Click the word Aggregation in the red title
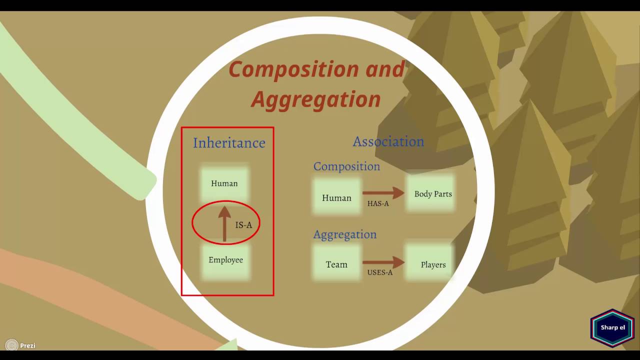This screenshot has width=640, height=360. (x=315, y=99)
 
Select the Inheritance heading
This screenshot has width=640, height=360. (x=229, y=143)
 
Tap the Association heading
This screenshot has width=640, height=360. (x=388, y=141)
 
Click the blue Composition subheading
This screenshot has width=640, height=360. (x=346, y=166)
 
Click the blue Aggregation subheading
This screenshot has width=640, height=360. (x=344, y=234)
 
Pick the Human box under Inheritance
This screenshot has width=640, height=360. (x=224, y=183)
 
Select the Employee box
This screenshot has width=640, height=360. (x=226, y=260)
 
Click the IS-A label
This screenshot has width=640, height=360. (x=244, y=225)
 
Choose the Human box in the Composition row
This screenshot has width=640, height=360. (x=336, y=197)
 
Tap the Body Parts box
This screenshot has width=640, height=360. (x=433, y=194)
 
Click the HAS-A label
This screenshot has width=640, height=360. (x=378, y=203)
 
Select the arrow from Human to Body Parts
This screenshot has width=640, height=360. (x=383, y=192)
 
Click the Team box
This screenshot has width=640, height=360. (x=336, y=264)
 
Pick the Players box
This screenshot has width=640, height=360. (x=433, y=264)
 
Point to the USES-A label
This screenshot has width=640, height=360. (x=380, y=272)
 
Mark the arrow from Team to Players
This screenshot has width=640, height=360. (x=383, y=261)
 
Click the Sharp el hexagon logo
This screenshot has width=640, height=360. (x=612, y=327)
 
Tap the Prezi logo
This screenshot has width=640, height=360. (x=20, y=345)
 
